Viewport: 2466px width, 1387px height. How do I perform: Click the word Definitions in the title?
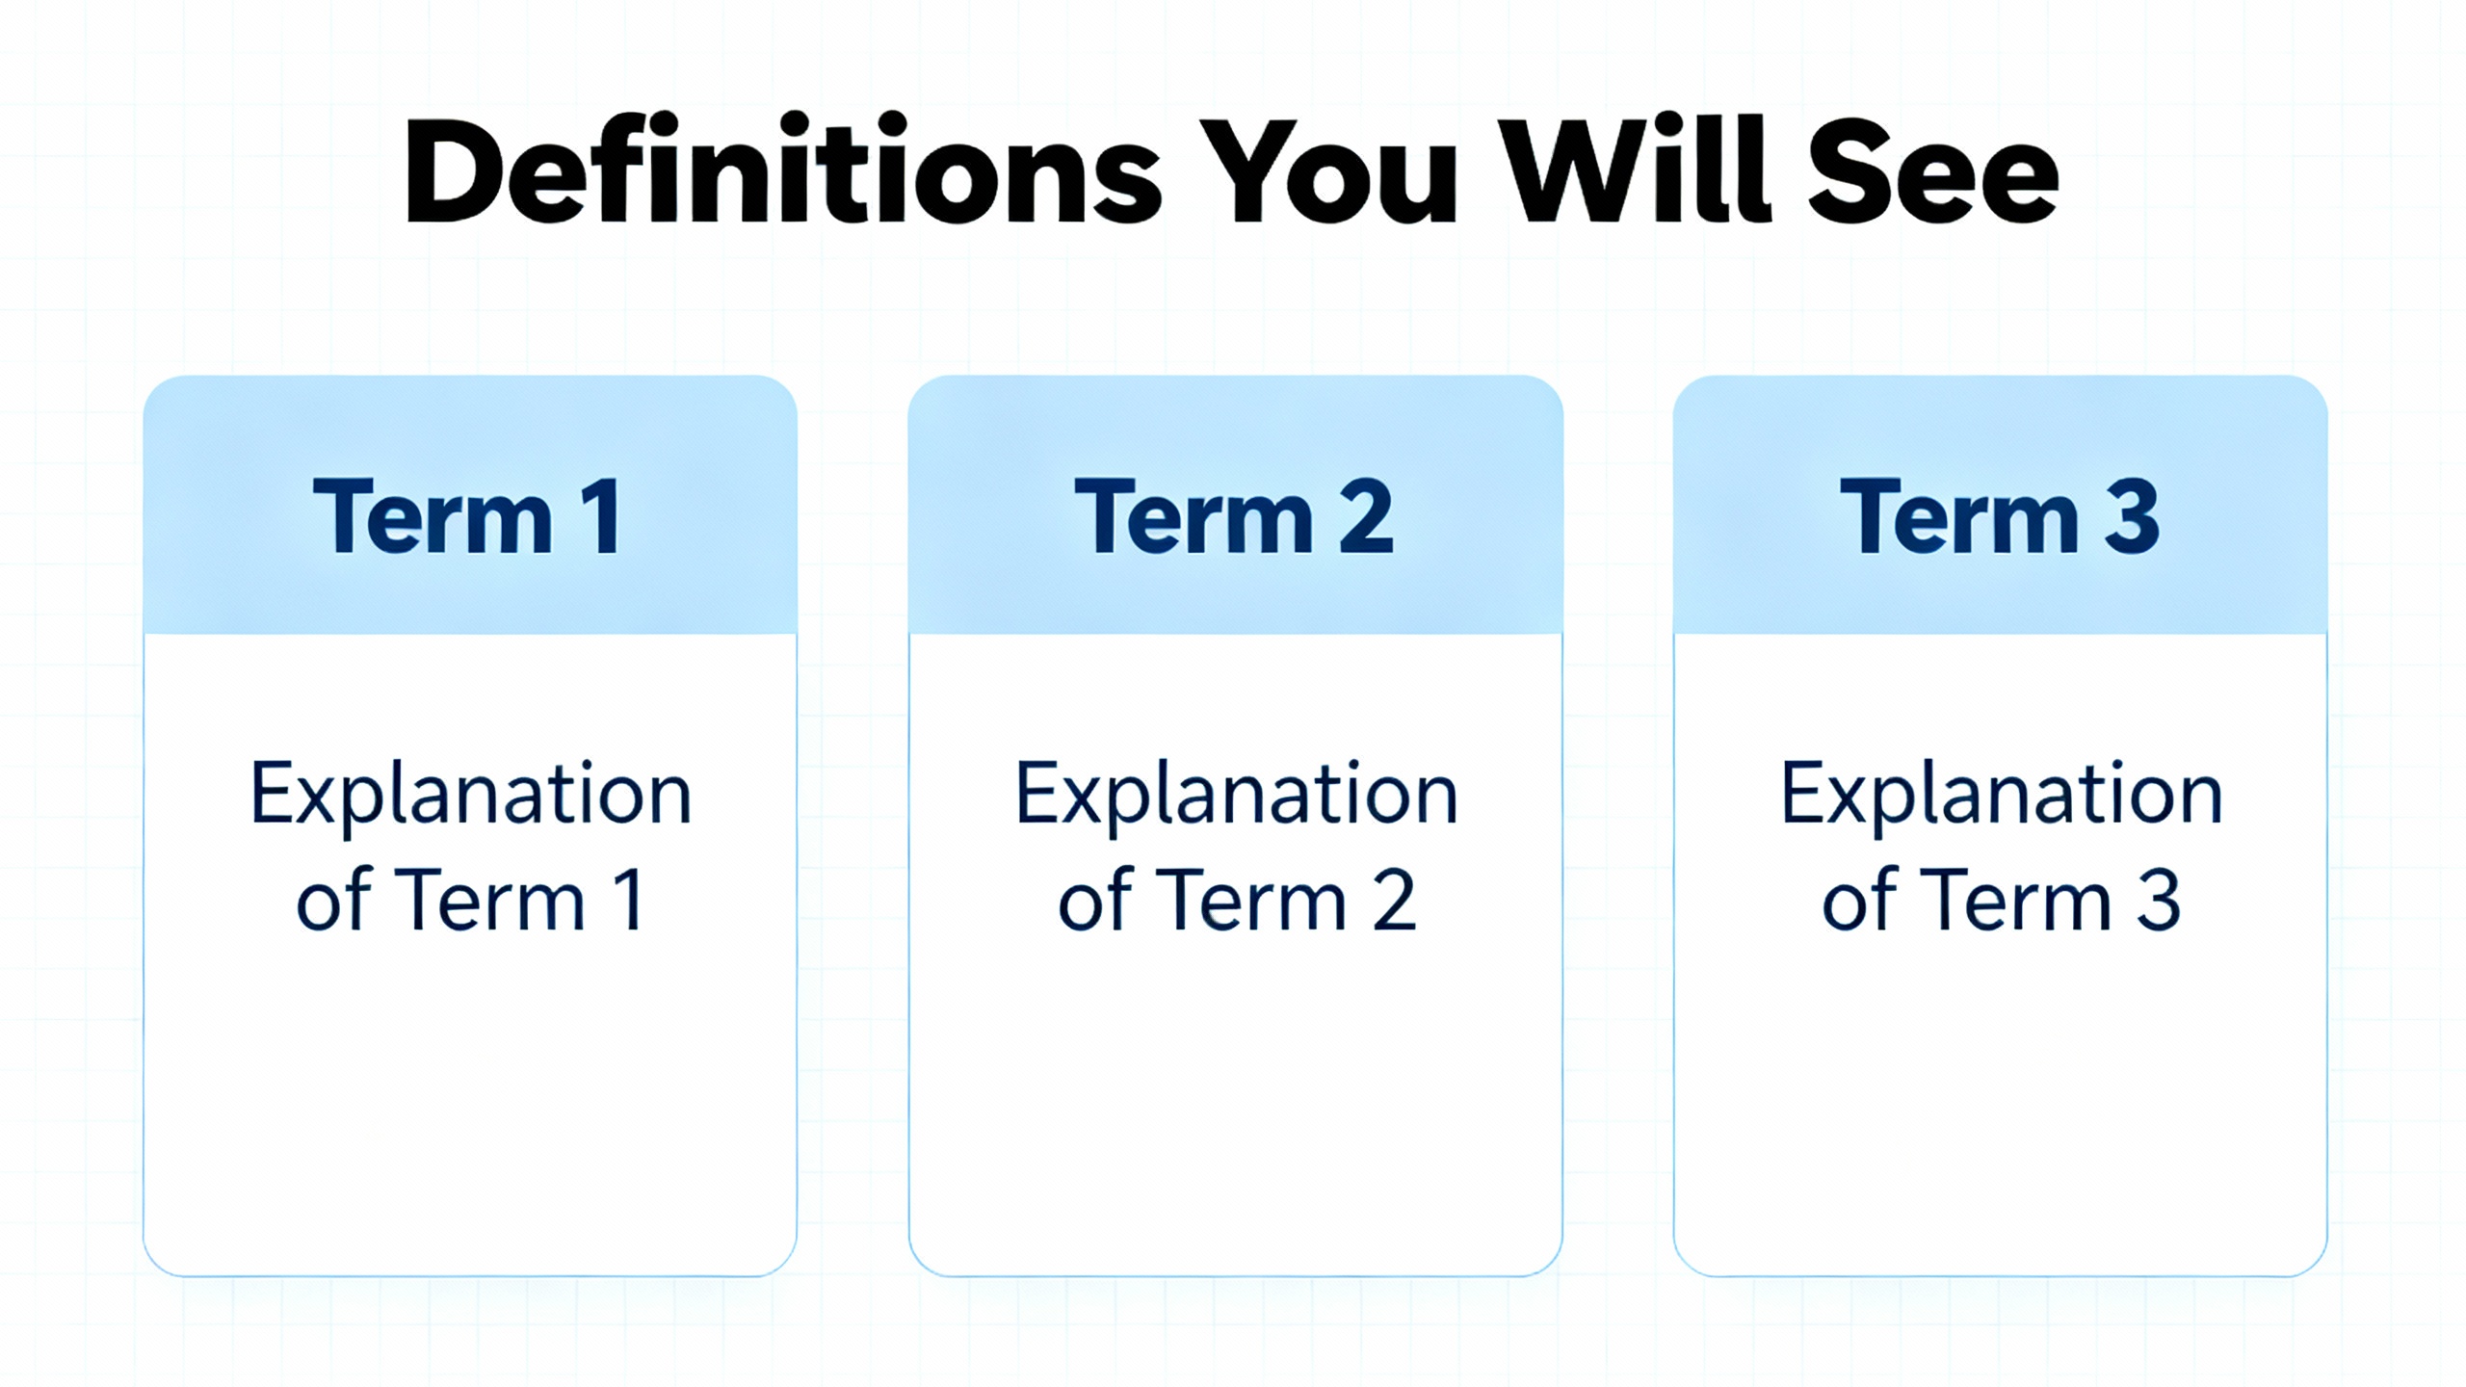pos(783,170)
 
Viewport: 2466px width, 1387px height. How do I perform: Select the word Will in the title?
pos(1637,170)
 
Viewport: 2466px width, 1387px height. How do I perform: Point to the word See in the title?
pos(1933,174)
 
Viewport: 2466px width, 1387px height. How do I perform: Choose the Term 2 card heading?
pos(1234,516)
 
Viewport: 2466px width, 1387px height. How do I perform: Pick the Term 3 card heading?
pos(2000,516)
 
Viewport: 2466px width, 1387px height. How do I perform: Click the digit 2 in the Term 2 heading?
pos(1366,516)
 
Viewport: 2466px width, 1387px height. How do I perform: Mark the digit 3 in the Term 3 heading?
pos(2132,516)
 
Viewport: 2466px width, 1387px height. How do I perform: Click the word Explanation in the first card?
pos(471,796)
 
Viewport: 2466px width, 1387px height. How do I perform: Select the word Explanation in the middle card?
pos(1237,796)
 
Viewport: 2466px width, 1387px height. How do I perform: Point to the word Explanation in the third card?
pos(2002,796)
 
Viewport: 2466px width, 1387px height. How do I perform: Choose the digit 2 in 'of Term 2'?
pos(1394,900)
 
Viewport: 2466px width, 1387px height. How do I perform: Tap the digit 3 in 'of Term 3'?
pos(2159,900)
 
